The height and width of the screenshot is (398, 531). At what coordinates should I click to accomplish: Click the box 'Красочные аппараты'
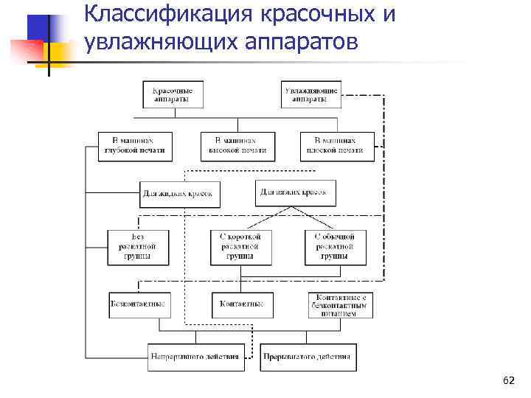[173, 94]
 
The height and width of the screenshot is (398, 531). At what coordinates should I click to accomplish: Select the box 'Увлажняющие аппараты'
[310, 94]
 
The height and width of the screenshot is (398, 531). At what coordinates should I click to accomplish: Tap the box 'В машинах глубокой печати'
[135, 146]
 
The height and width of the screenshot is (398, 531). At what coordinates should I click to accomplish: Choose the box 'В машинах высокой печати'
[237, 146]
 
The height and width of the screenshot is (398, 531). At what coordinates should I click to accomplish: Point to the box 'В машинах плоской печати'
[337, 146]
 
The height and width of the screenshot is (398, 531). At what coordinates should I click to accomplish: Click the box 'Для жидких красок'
[179, 193]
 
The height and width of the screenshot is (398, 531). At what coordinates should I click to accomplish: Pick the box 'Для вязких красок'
[295, 192]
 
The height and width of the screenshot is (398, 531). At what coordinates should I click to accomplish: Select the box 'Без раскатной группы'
[138, 246]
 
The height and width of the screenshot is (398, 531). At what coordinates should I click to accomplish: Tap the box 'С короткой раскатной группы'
[240, 246]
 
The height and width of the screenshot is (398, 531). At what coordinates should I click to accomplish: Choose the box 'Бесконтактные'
[138, 304]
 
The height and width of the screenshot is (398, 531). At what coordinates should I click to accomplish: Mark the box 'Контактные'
[240, 304]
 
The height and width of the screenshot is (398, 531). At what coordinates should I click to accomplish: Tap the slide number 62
[508, 380]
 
